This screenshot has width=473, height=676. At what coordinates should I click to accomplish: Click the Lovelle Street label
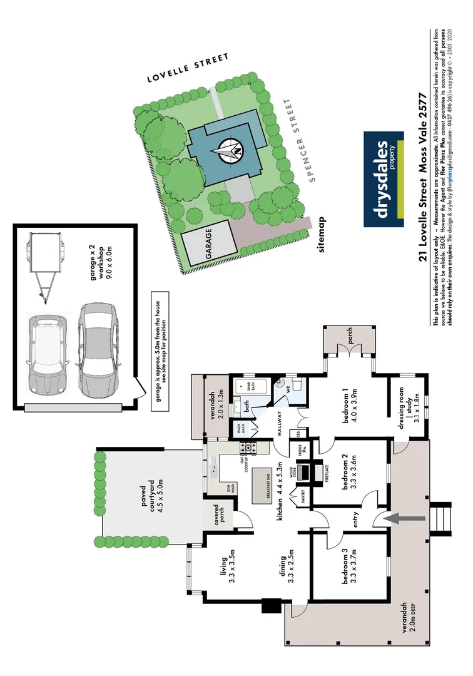[x=188, y=68]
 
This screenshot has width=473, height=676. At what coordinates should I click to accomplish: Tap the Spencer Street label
[x=298, y=140]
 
